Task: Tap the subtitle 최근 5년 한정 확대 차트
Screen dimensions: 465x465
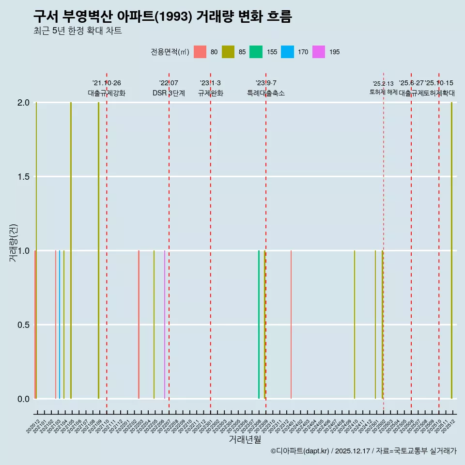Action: coord(77,31)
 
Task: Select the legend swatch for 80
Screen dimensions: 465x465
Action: coord(200,52)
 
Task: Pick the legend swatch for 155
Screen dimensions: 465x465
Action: coord(256,52)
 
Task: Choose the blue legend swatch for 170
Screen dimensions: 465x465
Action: coord(288,52)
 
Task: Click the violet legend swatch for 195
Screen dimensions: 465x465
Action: coord(319,52)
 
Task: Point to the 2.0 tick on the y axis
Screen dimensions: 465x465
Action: coord(23,103)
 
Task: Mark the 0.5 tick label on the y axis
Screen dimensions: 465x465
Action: coord(23,325)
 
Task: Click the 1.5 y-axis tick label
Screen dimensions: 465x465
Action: coord(23,177)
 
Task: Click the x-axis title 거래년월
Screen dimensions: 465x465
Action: coord(245,440)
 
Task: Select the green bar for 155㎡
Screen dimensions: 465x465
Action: coord(259,325)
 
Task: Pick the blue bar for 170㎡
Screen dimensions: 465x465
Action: coord(60,325)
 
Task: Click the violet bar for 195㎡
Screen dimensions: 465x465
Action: coord(165,325)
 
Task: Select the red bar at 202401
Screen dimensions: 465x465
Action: coord(291,325)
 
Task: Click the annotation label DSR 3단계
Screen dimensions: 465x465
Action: coord(169,93)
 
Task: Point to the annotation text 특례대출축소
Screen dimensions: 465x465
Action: coord(266,93)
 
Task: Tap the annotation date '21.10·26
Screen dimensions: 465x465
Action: coord(107,83)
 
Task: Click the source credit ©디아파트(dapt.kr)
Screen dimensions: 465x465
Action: coord(300,451)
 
